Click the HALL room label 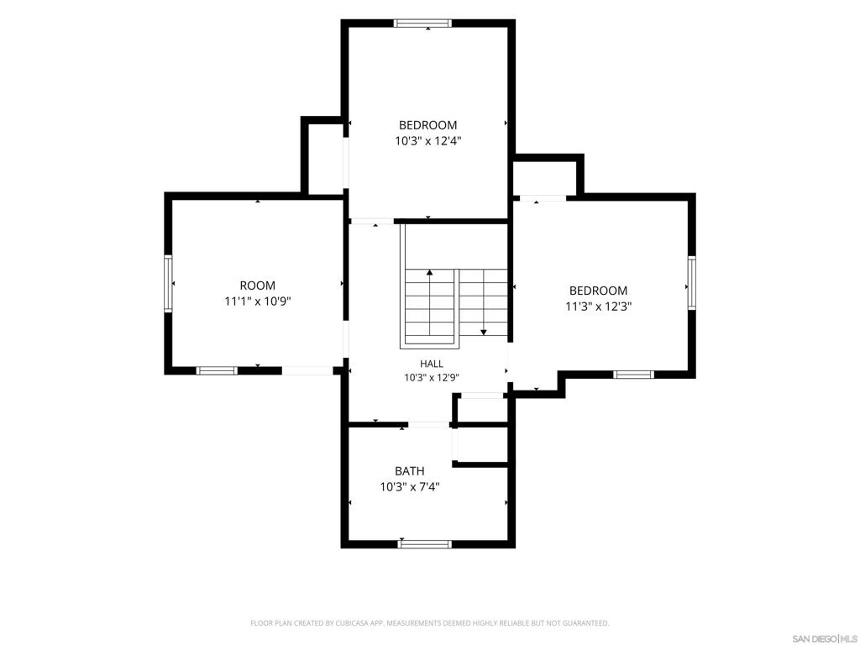pyautogui.click(x=432, y=364)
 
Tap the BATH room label pyautogui.click(x=410, y=470)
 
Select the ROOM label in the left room pyautogui.click(x=257, y=286)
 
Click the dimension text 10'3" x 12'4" pyautogui.click(x=427, y=141)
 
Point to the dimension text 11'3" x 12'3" pyautogui.click(x=598, y=307)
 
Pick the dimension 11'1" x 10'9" pyautogui.click(x=257, y=302)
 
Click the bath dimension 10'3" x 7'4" pyautogui.click(x=410, y=486)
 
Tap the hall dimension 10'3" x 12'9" pyautogui.click(x=432, y=377)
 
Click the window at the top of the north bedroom pyautogui.click(x=422, y=23)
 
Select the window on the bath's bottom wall pyautogui.click(x=424, y=544)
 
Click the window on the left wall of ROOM pyautogui.click(x=168, y=284)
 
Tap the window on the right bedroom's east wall pyautogui.click(x=692, y=283)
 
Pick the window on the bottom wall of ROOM pyautogui.click(x=217, y=370)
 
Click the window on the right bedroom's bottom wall pyautogui.click(x=633, y=375)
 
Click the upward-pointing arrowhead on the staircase pyautogui.click(x=429, y=272)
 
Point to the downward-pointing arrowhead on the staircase pyautogui.click(x=484, y=332)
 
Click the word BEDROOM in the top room pyautogui.click(x=427, y=125)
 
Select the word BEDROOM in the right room pyautogui.click(x=598, y=291)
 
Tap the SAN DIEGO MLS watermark pyautogui.click(x=825, y=639)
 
